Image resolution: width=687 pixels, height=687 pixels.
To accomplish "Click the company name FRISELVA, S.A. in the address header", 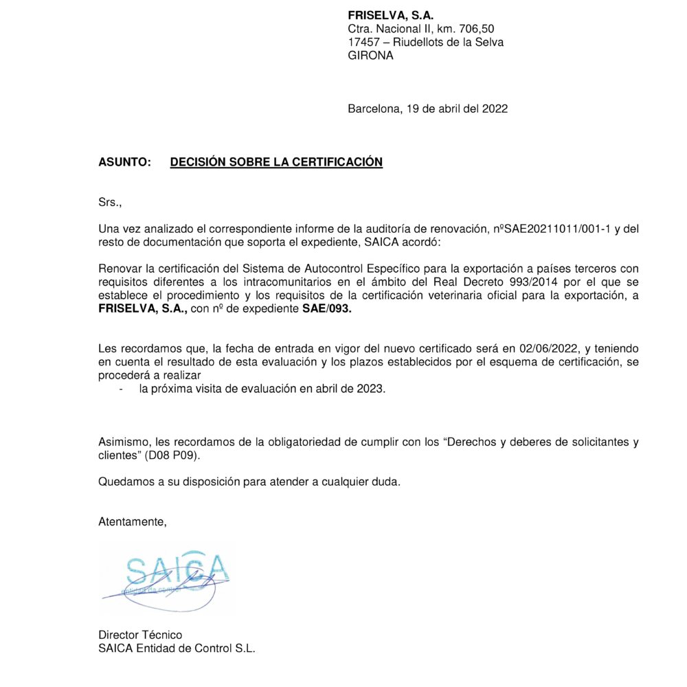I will (391, 16).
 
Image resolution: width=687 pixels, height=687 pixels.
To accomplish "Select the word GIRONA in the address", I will (370, 56).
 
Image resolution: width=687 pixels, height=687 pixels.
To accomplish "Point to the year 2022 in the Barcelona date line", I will (495, 108).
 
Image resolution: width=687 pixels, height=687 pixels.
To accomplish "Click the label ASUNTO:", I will (124, 162).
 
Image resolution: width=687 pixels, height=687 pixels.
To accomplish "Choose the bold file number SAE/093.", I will (327, 309).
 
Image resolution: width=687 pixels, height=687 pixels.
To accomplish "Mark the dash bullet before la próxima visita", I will (122, 390).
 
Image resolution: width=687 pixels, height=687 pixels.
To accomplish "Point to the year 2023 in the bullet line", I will (370, 390).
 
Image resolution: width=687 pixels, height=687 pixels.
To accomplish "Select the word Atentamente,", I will (133, 521).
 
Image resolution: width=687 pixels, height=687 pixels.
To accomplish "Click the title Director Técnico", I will (140, 635).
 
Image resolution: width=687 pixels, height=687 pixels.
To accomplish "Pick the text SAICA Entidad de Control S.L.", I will (177, 648).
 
